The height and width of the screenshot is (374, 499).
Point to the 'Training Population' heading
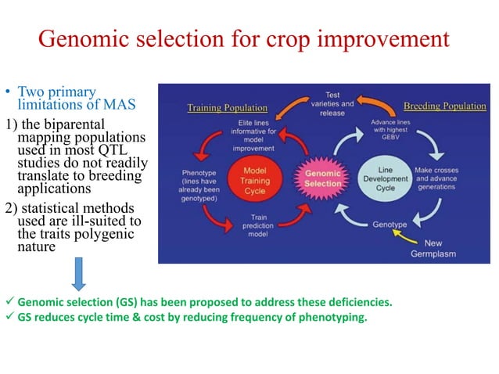point(226,108)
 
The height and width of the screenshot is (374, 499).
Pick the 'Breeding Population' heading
point(445,106)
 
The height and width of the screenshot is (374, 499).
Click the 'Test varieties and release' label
point(332,103)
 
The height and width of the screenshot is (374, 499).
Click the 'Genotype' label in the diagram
point(389,225)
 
